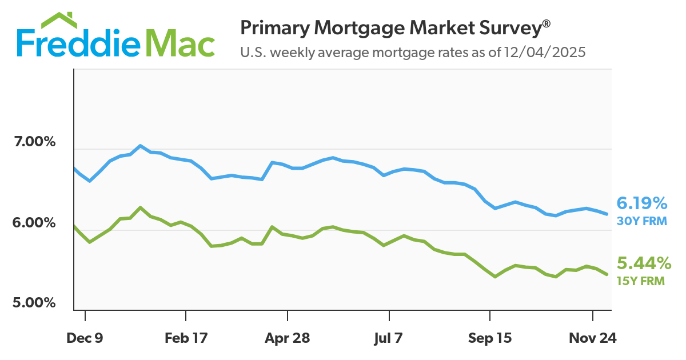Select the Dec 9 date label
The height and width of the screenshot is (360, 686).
pyautogui.click(x=85, y=338)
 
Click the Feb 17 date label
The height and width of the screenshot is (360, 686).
pyautogui.click(x=186, y=338)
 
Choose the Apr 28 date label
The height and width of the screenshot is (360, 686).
pyautogui.click(x=287, y=338)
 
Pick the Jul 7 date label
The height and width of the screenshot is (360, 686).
pyautogui.click(x=389, y=338)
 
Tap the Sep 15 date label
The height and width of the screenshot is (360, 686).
pyautogui.click(x=490, y=338)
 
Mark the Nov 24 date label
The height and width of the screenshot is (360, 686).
pyautogui.click(x=592, y=338)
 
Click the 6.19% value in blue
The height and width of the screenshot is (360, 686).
pyautogui.click(x=641, y=203)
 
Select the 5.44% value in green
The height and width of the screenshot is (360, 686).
pyautogui.click(x=643, y=263)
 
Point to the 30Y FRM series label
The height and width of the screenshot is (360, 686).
pyautogui.click(x=641, y=220)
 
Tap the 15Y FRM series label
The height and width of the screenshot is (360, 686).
pyautogui.click(x=641, y=281)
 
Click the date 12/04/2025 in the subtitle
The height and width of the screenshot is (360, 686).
pyautogui.click(x=545, y=53)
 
